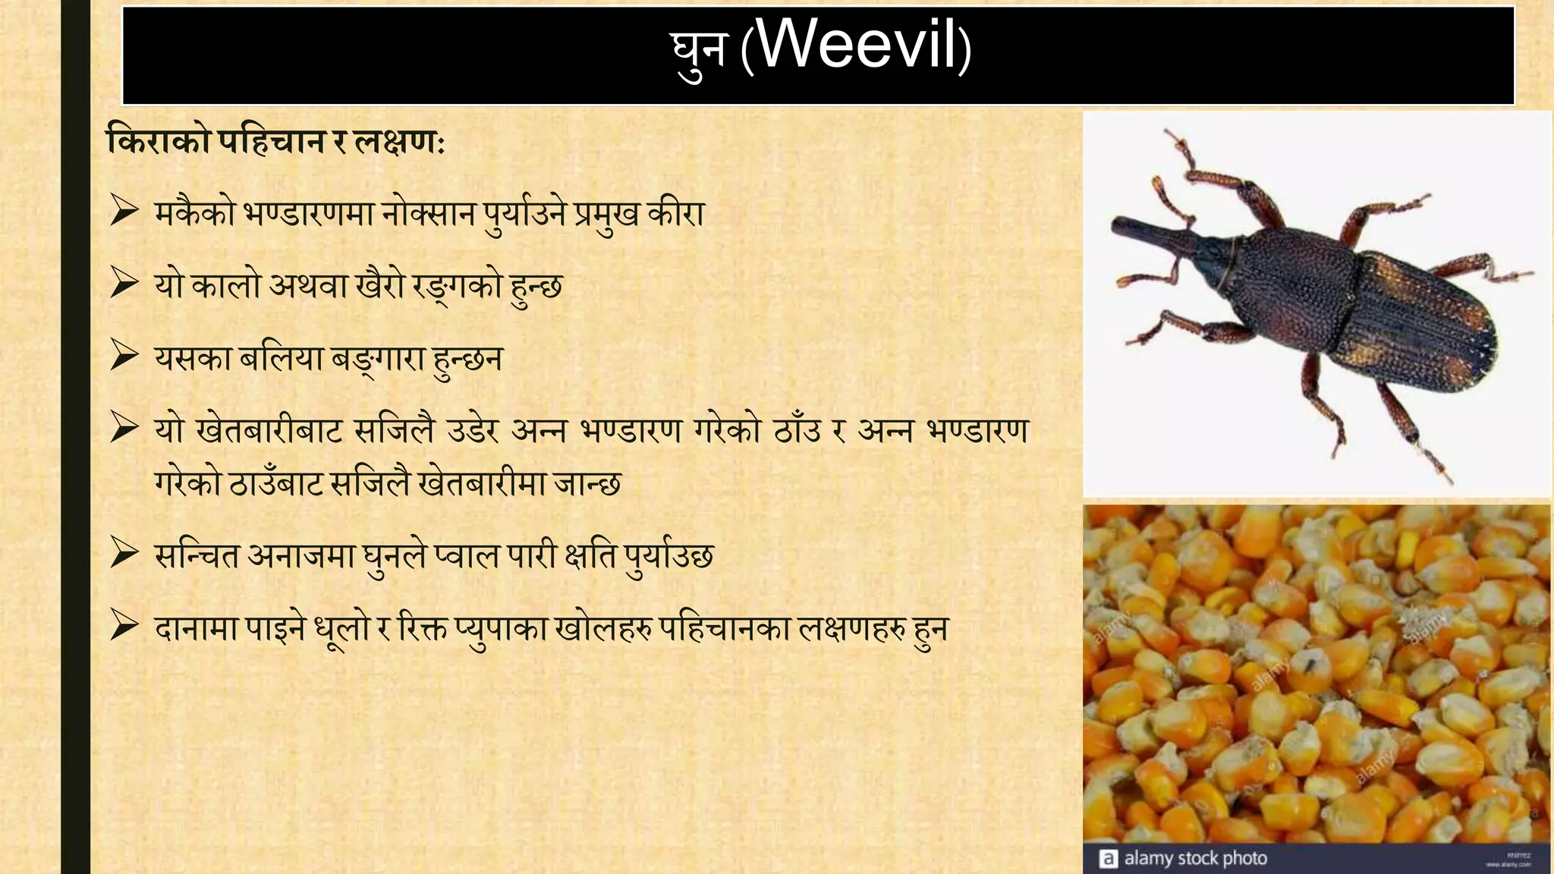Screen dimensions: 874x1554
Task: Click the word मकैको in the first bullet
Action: (x=195, y=214)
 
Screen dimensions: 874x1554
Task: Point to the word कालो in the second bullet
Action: (x=226, y=285)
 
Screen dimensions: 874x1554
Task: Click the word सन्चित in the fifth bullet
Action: (x=197, y=556)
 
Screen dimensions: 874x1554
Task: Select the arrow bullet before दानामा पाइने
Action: (x=124, y=627)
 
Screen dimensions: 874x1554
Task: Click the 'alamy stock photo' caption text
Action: (x=1195, y=858)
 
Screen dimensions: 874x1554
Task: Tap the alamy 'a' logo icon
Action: (x=1108, y=859)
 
